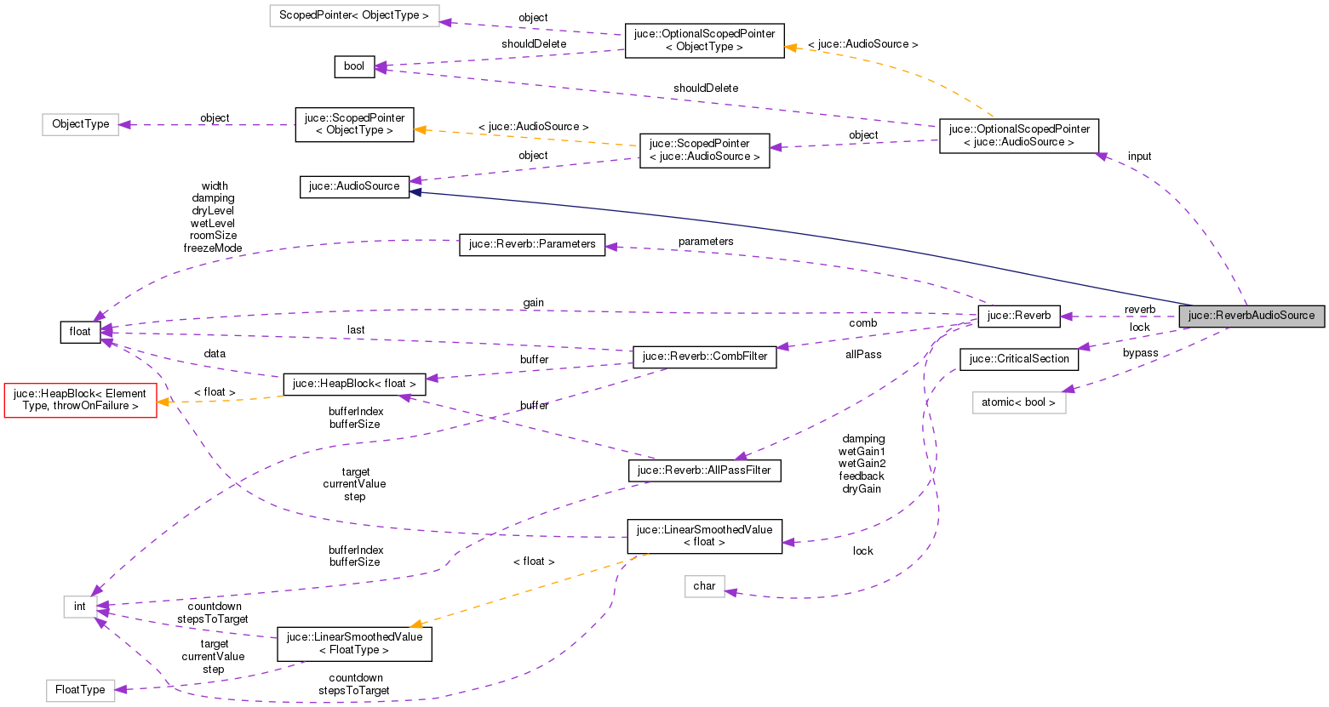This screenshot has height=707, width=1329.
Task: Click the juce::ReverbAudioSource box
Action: (x=1251, y=316)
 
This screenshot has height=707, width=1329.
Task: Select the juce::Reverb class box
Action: (x=1019, y=316)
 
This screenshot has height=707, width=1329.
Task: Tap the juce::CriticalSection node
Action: (x=1018, y=359)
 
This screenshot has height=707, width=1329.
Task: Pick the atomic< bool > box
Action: (x=1018, y=402)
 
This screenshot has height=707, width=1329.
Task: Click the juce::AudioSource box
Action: (x=353, y=186)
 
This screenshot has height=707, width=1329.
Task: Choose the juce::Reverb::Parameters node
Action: (x=532, y=244)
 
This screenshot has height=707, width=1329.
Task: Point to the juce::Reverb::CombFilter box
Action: (x=704, y=356)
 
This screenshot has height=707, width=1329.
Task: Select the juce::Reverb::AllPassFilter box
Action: (x=704, y=470)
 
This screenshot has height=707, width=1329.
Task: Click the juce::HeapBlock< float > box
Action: (x=354, y=384)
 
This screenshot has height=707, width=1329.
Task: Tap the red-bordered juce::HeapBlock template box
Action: (x=80, y=400)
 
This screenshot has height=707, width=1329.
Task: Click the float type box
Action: (x=80, y=332)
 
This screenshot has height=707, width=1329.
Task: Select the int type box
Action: (x=79, y=607)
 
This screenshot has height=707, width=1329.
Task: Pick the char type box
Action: (x=704, y=586)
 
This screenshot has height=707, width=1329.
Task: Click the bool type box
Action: (x=353, y=66)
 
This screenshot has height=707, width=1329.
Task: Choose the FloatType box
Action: (x=80, y=690)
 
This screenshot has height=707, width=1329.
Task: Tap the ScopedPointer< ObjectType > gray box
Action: (x=353, y=16)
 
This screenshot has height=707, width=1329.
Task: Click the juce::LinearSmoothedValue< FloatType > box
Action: (x=354, y=644)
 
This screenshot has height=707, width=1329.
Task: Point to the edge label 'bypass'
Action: (x=1140, y=353)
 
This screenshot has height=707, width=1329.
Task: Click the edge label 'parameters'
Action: (x=705, y=242)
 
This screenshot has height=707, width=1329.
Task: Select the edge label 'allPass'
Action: (x=863, y=355)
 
